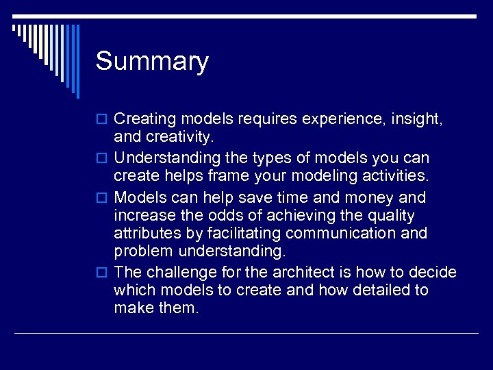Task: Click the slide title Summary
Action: [x=152, y=62]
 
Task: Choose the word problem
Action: [x=142, y=252]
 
